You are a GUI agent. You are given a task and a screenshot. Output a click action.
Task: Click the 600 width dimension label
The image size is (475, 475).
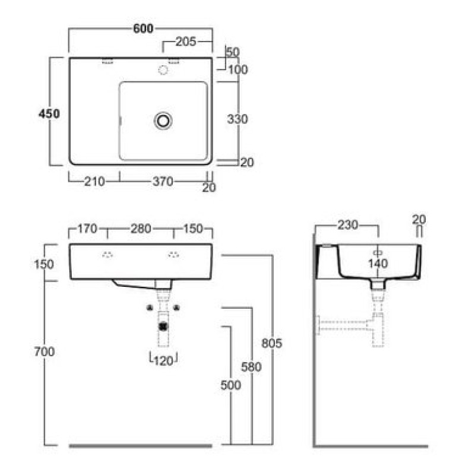tap(143, 27)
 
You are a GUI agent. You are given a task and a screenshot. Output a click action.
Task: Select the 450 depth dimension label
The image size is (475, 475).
tap(49, 114)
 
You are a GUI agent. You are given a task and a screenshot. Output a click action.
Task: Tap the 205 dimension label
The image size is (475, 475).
tap(186, 42)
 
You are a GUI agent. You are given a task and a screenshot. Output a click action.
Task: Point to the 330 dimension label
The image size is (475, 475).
tap(237, 119)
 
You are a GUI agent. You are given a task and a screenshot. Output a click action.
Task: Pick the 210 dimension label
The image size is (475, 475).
tap(94, 182)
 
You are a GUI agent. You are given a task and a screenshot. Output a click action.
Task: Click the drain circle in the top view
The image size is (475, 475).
tap(163, 121)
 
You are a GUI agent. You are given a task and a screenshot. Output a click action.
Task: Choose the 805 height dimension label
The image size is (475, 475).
tap(271, 343)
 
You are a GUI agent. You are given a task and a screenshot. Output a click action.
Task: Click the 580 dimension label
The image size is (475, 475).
tap(251, 367)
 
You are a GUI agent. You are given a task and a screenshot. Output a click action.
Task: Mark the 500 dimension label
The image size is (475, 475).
tap(230, 385)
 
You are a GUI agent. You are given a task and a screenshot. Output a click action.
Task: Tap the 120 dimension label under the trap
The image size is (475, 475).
tap(163, 359)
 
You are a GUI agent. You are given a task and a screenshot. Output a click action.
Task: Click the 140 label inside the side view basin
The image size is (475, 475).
tap(377, 263)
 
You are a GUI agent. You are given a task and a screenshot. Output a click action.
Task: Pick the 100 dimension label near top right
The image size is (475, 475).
tap(237, 70)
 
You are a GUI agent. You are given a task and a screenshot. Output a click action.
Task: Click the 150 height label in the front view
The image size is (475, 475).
tap(45, 263)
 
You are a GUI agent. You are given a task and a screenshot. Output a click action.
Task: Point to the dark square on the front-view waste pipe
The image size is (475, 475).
tap(163, 325)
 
